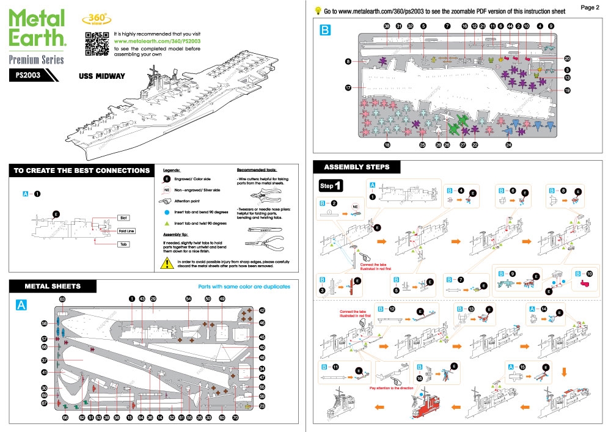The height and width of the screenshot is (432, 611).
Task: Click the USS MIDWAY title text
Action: tap(101, 76)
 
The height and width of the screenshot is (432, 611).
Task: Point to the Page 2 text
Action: tap(590, 7)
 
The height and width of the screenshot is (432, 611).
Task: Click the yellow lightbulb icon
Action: tap(318, 10)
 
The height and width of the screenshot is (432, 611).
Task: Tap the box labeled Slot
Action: tap(124, 218)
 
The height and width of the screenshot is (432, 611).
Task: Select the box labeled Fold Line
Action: tap(126, 231)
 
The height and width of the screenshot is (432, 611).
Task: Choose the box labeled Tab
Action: tap(124, 244)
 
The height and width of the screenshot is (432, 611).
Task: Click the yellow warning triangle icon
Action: tap(166, 264)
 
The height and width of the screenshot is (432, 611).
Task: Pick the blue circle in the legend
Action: tap(166, 212)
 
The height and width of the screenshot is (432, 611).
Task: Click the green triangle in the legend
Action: tap(166, 224)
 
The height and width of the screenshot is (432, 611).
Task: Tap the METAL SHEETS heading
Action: tap(53, 286)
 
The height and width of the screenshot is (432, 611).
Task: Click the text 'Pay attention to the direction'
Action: tap(395, 388)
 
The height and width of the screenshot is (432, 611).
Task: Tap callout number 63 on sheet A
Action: tap(62, 298)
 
